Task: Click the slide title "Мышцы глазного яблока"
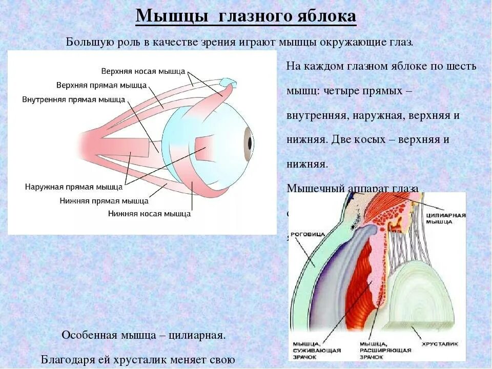(x=245, y=16)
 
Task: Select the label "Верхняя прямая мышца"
(x=101, y=85)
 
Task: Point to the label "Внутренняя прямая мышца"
(x=73, y=99)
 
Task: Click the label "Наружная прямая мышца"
(x=74, y=187)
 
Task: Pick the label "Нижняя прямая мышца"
(x=104, y=201)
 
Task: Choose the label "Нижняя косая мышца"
(x=149, y=214)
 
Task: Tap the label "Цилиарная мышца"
(x=445, y=218)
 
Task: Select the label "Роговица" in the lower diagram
(x=310, y=234)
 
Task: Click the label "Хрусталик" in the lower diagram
(x=439, y=343)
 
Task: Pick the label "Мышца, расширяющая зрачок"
(x=385, y=350)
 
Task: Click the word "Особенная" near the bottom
(x=84, y=336)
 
